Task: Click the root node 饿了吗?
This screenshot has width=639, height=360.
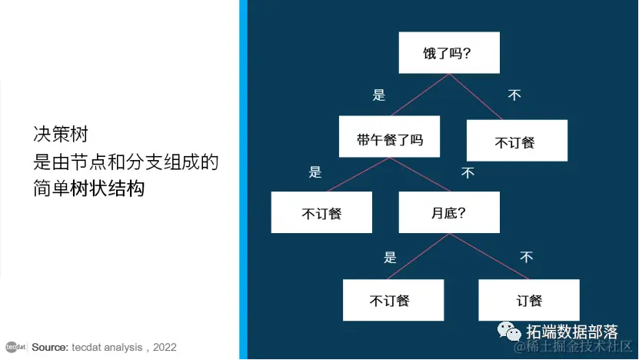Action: click(x=449, y=53)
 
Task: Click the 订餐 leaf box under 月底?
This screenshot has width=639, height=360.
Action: click(x=528, y=300)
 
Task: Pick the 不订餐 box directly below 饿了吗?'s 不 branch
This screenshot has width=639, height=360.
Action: click(x=517, y=141)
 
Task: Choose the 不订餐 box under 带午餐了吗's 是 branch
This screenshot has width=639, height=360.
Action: click(x=321, y=212)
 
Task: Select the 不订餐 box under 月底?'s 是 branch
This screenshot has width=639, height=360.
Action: click(x=393, y=300)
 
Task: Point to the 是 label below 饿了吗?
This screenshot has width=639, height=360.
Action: click(x=378, y=95)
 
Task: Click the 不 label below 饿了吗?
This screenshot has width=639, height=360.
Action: click(x=514, y=95)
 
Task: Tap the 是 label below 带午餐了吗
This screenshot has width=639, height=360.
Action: click(x=315, y=172)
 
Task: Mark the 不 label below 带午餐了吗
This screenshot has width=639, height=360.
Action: click(x=468, y=173)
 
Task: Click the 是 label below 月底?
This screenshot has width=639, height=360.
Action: click(x=390, y=258)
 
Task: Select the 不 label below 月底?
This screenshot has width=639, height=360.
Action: click(x=526, y=257)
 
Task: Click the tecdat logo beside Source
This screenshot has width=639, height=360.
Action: click(x=15, y=347)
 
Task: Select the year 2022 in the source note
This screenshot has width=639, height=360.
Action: click(x=165, y=347)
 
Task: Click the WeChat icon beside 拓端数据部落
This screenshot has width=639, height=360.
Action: click(x=508, y=332)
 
